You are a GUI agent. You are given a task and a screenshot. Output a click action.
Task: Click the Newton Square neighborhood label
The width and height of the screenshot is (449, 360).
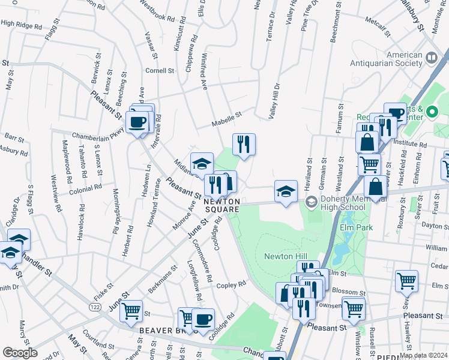223,205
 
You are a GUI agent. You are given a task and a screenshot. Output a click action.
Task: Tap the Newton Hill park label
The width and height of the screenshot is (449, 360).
285,256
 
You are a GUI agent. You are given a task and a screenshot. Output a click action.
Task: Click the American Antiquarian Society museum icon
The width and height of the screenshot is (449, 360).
432,58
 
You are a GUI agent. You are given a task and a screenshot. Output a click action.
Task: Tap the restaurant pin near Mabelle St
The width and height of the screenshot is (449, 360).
244,144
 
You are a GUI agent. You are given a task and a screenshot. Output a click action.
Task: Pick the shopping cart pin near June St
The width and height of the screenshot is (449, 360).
131,311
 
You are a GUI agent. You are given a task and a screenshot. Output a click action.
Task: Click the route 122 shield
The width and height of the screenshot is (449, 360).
78,307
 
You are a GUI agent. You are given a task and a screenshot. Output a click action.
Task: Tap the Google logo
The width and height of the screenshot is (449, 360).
20,353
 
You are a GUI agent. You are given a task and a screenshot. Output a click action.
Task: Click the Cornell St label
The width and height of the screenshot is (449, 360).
160,70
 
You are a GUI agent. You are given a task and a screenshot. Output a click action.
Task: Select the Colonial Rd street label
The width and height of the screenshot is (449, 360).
86,188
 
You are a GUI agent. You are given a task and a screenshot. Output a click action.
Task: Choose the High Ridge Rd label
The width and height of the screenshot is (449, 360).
21,25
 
